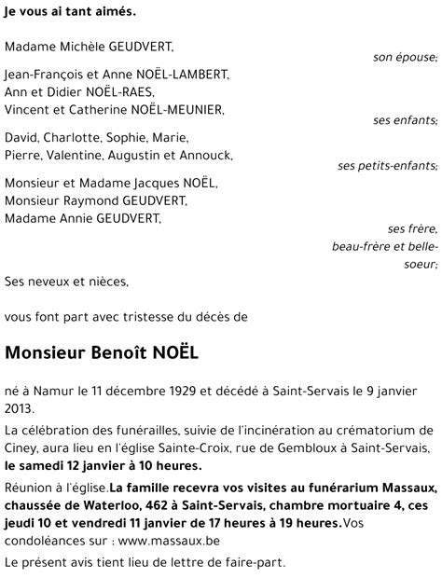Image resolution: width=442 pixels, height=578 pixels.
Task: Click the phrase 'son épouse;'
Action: pos(405,58)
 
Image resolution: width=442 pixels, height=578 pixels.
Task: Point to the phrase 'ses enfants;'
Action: pos(405,120)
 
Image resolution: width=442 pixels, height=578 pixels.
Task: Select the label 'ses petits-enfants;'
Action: pos(387,166)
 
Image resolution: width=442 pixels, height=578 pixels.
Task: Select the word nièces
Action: pos(107,281)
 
